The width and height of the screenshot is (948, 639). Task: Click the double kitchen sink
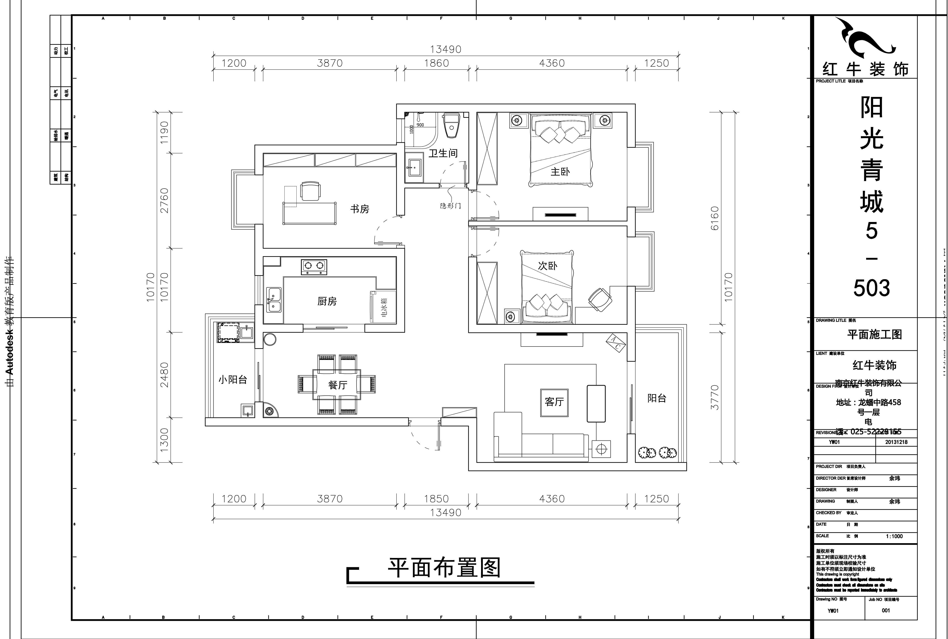tap(274, 300)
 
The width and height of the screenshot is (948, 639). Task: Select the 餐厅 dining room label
tap(338, 385)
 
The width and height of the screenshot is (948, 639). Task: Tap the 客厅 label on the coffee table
tap(554, 402)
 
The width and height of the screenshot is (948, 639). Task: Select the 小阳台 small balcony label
tap(232, 380)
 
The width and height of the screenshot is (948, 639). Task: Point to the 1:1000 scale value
tap(894, 536)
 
